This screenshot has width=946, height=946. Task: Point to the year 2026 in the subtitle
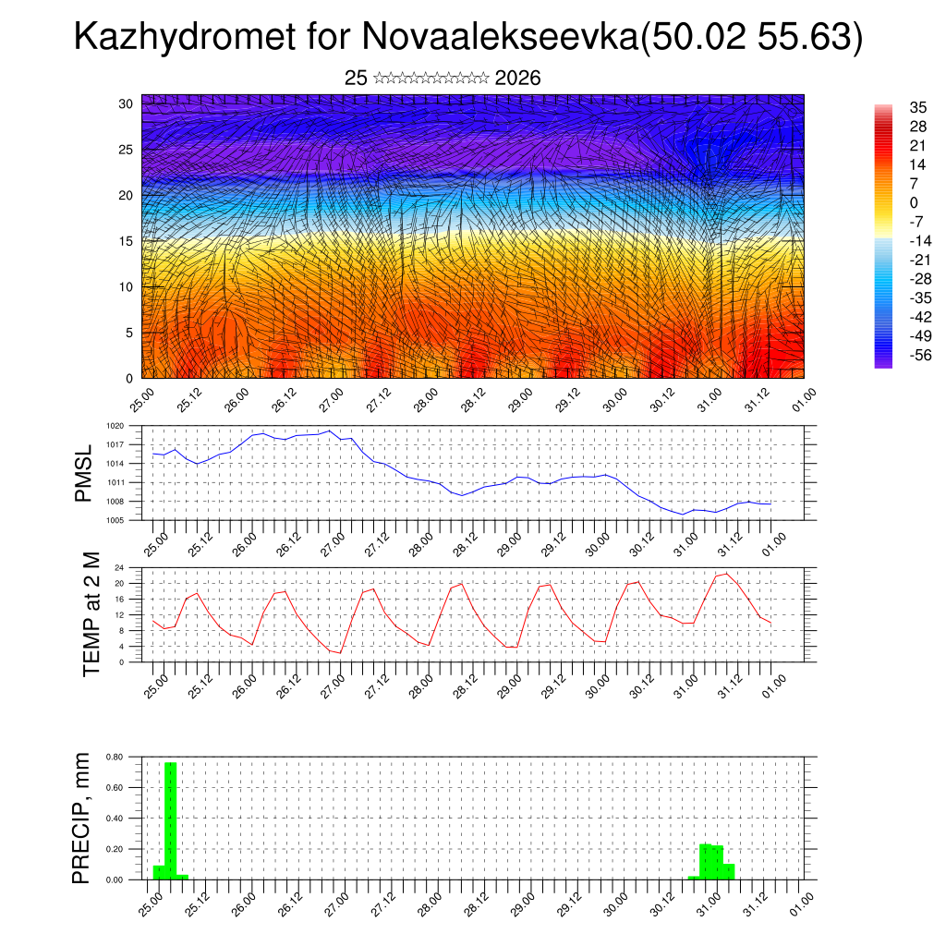[x=517, y=79]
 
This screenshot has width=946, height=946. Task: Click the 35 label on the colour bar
[x=918, y=108]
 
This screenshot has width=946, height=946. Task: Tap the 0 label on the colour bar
[x=914, y=203]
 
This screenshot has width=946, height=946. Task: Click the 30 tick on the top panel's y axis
[x=126, y=103]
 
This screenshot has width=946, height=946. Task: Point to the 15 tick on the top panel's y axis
[x=126, y=241]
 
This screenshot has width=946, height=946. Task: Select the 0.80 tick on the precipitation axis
[x=115, y=757]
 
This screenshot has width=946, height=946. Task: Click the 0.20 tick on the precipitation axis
[x=115, y=849]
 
